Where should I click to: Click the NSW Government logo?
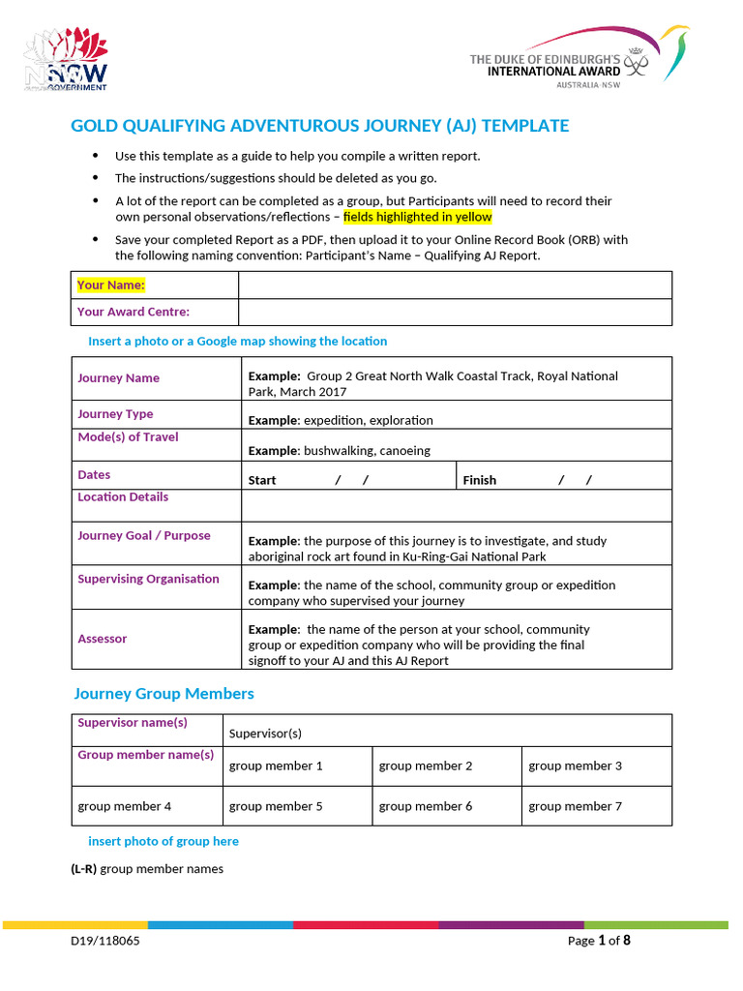[x=66, y=60]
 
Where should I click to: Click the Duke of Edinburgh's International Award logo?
[x=579, y=59]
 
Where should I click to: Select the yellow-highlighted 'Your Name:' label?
[x=111, y=285]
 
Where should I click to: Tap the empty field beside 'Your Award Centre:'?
[x=455, y=312]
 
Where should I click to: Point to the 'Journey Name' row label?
[x=118, y=378]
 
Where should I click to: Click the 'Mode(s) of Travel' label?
[x=128, y=437]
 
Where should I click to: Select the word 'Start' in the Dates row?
[x=262, y=480]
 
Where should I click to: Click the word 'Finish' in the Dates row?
[x=480, y=480]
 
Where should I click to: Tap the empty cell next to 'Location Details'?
[x=455, y=505]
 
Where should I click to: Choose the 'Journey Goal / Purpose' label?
[x=143, y=535]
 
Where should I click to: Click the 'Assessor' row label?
[x=102, y=639]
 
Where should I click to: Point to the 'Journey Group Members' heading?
[x=164, y=694]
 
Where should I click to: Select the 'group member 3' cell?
[x=575, y=766]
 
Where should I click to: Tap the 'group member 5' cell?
[x=276, y=806]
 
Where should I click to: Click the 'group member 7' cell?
[x=575, y=806]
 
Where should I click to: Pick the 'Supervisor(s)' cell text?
[x=265, y=733]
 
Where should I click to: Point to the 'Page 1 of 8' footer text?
[x=599, y=941]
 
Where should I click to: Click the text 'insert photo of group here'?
[x=163, y=841]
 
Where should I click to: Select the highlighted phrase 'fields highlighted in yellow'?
[x=418, y=217]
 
